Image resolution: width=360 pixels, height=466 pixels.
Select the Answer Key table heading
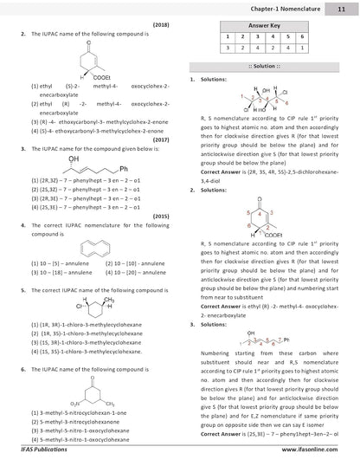265,27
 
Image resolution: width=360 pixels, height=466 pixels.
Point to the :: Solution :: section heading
265,67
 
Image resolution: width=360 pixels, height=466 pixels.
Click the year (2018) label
160,25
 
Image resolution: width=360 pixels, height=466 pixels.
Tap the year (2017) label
160,139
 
